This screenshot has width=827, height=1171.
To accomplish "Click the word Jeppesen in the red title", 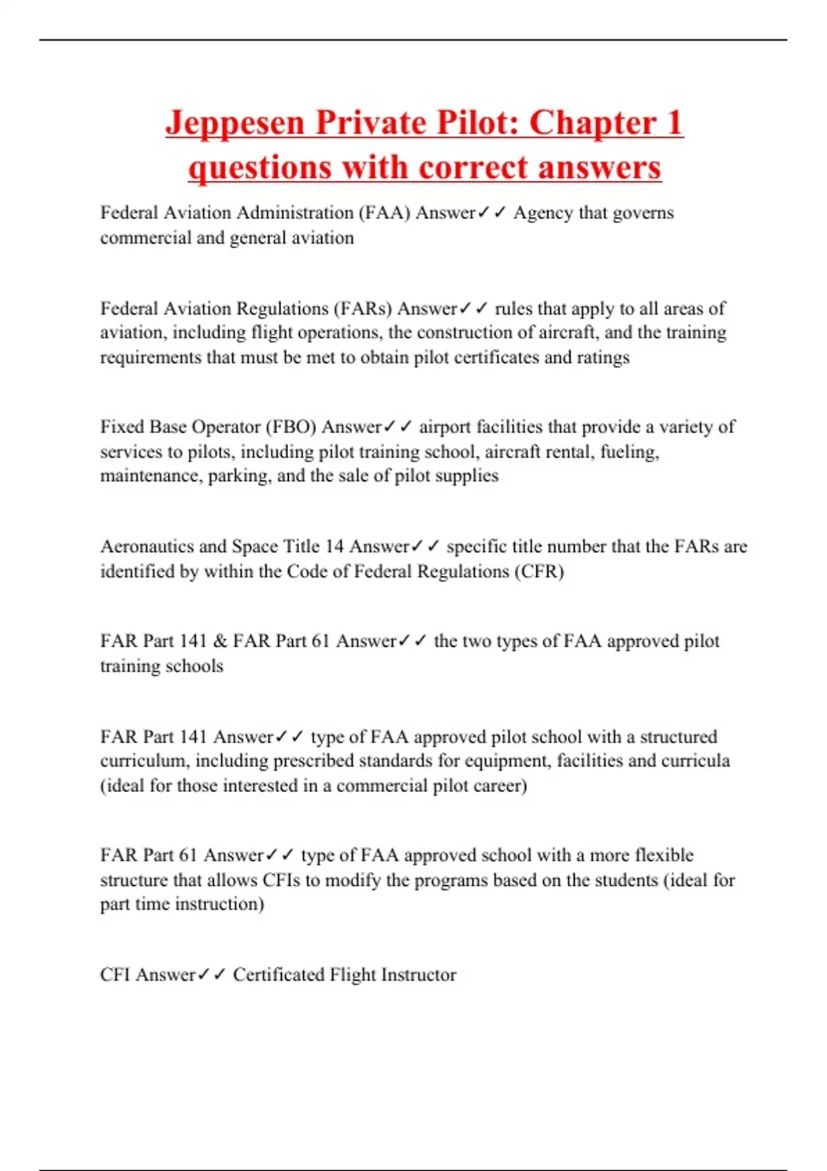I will pyautogui.click(x=235, y=124).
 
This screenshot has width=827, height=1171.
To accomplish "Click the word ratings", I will pyautogui.click(x=604, y=357).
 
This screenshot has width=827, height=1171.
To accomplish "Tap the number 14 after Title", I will pyautogui.click(x=334, y=547).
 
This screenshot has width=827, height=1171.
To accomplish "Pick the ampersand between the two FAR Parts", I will pyautogui.click(x=220, y=641).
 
